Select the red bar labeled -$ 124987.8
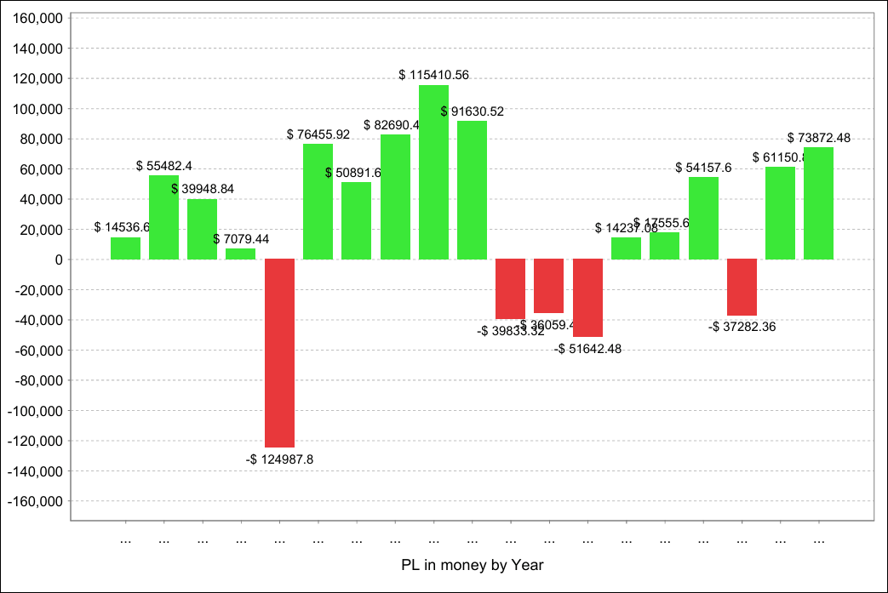coord(279,353)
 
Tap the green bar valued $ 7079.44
coord(240,254)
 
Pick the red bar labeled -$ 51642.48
coord(587,298)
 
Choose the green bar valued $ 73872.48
coord(818,203)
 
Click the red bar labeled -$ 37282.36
coord(742,288)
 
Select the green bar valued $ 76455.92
coord(318,202)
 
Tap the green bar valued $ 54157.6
coord(703,218)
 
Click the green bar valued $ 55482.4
coord(163,217)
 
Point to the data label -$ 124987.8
coord(280,459)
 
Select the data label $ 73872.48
coord(818,137)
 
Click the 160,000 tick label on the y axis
coord(39,19)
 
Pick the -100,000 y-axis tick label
coord(35,411)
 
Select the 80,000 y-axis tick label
coord(42,139)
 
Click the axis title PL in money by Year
coord(472,565)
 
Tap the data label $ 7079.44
coord(241,239)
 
